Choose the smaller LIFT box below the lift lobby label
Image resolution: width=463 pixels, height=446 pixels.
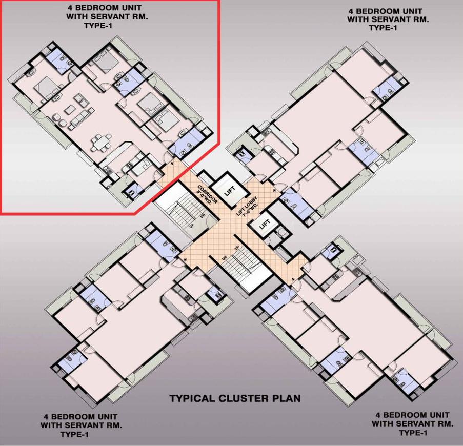265,224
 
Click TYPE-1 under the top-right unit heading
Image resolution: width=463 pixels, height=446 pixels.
383,28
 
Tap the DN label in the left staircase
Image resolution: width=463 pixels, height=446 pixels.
203,216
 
